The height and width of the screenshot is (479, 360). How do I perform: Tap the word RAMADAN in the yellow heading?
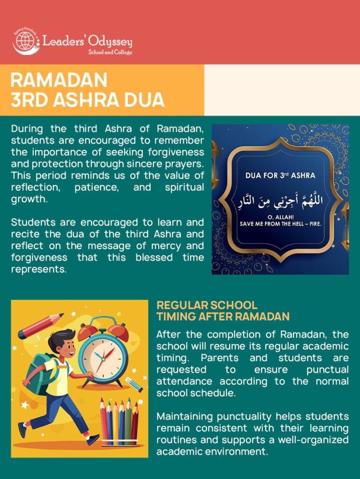(x=59, y=80)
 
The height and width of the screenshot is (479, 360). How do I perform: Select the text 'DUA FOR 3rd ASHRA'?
(x=280, y=175)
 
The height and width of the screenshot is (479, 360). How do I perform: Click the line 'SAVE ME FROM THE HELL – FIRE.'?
(x=280, y=224)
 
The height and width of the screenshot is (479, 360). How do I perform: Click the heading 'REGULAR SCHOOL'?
(x=207, y=305)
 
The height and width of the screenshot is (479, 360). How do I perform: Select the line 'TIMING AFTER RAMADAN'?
(x=223, y=317)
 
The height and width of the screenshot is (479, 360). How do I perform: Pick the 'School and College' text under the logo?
(x=110, y=52)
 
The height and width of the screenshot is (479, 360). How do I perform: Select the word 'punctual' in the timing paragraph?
(x=328, y=370)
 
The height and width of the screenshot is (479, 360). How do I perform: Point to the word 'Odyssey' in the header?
(x=113, y=42)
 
